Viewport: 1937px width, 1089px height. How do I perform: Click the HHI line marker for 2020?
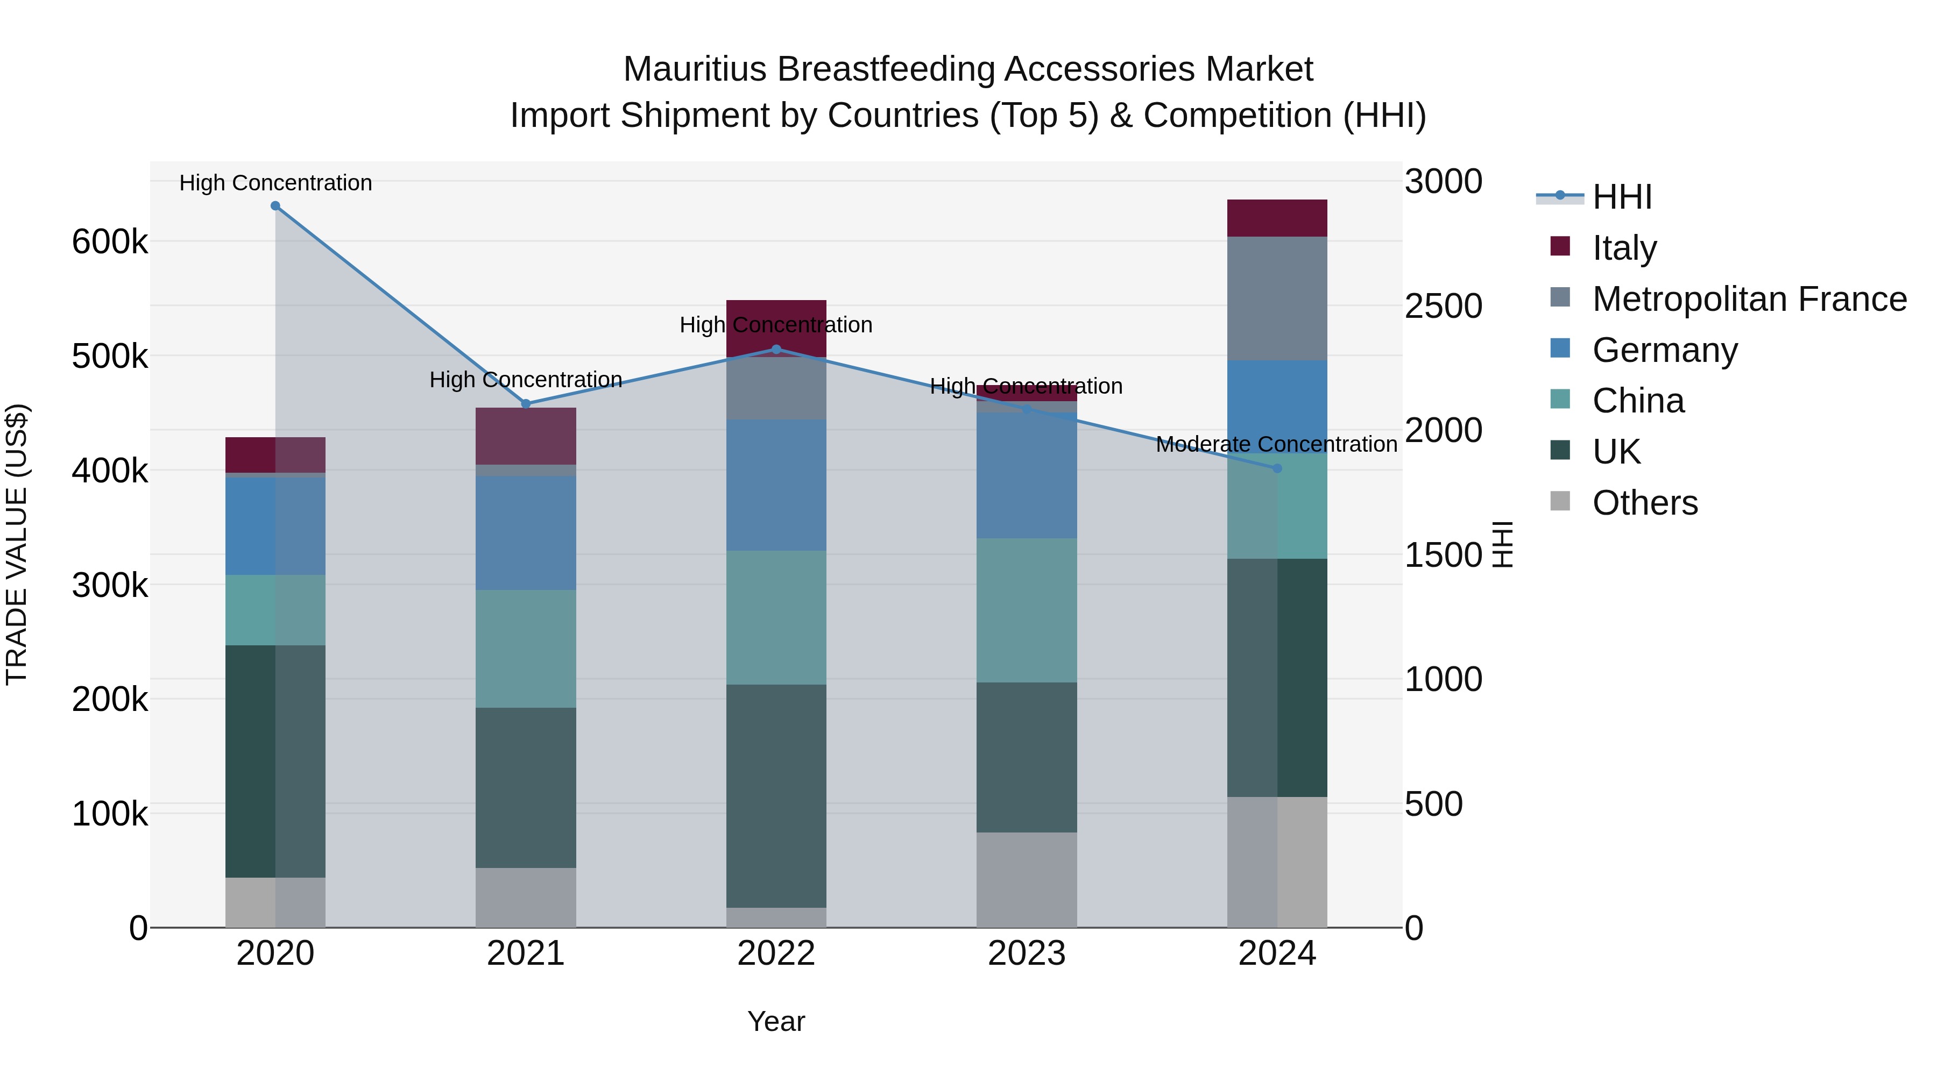pyautogui.click(x=275, y=206)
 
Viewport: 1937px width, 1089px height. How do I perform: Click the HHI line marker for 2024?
pyautogui.click(x=1277, y=468)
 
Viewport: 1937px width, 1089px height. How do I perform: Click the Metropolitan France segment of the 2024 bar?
pyautogui.click(x=1277, y=298)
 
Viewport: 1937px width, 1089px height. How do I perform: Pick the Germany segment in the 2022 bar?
pyautogui.click(x=776, y=485)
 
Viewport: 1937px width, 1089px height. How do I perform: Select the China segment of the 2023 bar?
pyautogui.click(x=1027, y=610)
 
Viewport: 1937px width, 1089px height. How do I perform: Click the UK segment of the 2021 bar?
pyautogui.click(x=526, y=788)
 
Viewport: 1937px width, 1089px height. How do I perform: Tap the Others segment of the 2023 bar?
pyautogui.click(x=1027, y=879)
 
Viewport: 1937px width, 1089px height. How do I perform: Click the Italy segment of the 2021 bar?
pyautogui.click(x=526, y=436)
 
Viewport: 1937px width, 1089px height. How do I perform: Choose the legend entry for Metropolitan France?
pyautogui.click(x=1749, y=299)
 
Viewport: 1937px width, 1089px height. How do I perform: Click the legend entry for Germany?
pyautogui.click(x=1665, y=350)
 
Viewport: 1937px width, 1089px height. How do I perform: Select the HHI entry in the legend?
pyautogui.click(x=1621, y=197)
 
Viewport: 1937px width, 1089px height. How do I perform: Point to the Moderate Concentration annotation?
pyautogui.click(x=1276, y=444)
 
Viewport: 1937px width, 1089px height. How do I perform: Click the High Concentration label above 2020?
pyautogui.click(x=275, y=183)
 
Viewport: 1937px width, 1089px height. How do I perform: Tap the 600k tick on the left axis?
pyautogui.click(x=110, y=242)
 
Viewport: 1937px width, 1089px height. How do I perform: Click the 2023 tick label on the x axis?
pyautogui.click(x=1027, y=953)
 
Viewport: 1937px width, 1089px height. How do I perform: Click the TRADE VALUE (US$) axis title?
pyautogui.click(x=17, y=544)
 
